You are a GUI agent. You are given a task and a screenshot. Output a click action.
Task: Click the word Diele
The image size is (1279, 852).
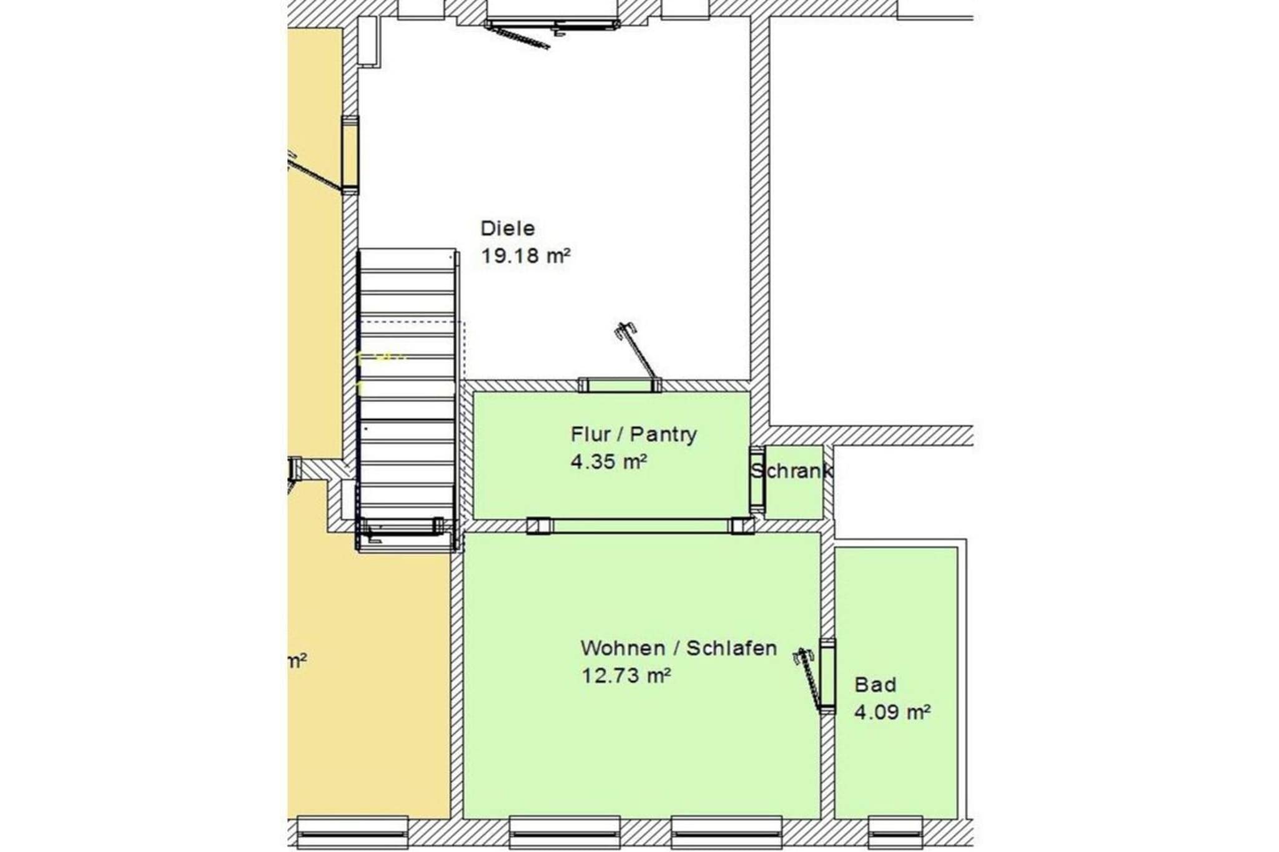click(x=507, y=228)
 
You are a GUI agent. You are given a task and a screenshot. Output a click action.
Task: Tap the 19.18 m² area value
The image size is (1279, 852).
click(x=525, y=256)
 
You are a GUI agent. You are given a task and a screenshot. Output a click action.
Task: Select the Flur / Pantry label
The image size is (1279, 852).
click(x=633, y=434)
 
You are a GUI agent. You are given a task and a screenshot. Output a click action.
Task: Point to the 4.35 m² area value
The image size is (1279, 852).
click(x=608, y=462)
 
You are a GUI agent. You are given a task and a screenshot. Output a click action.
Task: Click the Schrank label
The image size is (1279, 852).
click(x=792, y=471)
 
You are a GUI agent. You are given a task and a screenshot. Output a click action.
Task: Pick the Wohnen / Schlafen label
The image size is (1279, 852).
click(x=678, y=649)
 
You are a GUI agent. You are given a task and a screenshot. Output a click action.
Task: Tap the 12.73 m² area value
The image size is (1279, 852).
click(x=626, y=675)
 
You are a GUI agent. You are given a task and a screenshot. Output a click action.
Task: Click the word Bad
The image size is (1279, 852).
click(x=875, y=685)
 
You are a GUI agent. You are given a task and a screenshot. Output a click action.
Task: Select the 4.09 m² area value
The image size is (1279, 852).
click(x=892, y=712)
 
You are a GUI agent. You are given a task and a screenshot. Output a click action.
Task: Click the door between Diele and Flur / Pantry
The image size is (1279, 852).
click(x=620, y=384)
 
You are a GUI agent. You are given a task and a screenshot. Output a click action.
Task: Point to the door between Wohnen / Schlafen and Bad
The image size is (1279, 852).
click(x=826, y=677)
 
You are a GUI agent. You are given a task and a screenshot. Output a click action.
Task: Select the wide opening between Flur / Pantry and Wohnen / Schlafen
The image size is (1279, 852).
click(x=640, y=526)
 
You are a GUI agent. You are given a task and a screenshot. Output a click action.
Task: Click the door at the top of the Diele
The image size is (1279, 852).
click(x=552, y=25)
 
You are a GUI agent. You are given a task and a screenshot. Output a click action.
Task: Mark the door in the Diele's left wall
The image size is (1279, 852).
click(x=350, y=154)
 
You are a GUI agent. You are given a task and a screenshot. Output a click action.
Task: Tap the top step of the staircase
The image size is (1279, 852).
click(x=408, y=259)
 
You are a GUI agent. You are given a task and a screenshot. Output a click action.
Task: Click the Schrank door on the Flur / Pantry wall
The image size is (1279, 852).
click(x=757, y=479)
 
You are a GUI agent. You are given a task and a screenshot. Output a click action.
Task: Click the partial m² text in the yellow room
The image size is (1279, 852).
click(x=297, y=661)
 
